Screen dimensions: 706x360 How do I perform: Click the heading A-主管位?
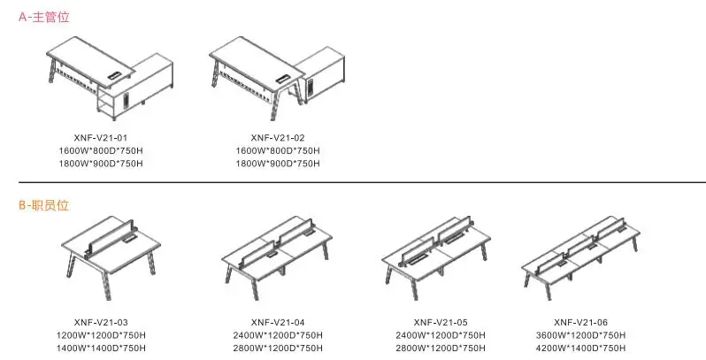(x=43, y=17)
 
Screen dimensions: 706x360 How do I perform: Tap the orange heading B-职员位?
(x=43, y=205)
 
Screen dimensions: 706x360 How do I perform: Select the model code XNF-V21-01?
(x=101, y=138)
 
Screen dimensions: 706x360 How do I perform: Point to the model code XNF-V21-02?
(x=278, y=138)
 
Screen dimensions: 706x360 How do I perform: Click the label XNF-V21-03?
(x=101, y=322)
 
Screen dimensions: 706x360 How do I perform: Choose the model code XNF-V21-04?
(x=278, y=322)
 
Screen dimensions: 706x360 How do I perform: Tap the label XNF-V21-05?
(x=441, y=322)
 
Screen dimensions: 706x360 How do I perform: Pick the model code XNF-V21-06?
(x=581, y=322)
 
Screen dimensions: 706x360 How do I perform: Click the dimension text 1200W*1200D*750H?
(x=101, y=335)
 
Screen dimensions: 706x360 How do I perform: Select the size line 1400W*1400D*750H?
(x=101, y=348)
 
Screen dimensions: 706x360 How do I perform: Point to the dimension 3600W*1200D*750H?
(x=581, y=335)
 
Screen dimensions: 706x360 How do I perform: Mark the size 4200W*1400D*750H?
(x=581, y=348)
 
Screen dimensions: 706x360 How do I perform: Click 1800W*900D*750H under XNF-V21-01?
(x=101, y=164)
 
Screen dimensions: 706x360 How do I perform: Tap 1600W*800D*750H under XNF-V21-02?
(x=278, y=150)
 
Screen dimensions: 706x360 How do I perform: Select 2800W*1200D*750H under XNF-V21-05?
(x=441, y=348)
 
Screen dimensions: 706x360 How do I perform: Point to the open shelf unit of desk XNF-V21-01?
(x=105, y=103)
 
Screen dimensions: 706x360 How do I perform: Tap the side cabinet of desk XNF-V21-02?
(x=320, y=74)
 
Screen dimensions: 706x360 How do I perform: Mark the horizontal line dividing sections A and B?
(x=362, y=182)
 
